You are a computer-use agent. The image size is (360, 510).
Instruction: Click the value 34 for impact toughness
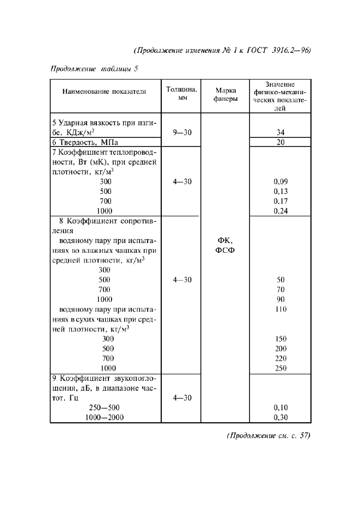click(280, 132)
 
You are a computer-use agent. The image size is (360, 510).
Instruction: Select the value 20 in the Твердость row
click(280, 142)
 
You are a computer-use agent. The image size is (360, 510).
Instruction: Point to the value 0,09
click(280, 181)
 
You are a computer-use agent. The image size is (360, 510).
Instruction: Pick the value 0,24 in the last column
click(280, 211)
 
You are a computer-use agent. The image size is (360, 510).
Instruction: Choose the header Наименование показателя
click(104, 92)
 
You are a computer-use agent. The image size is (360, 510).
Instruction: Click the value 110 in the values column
click(280, 309)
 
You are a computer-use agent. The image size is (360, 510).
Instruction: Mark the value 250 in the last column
click(280, 368)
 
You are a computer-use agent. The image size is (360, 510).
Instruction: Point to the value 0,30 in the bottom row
click(280, 417)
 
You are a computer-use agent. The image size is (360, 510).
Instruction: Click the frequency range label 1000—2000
click(104, 417)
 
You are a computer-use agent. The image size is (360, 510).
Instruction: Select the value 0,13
click(280, 191)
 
